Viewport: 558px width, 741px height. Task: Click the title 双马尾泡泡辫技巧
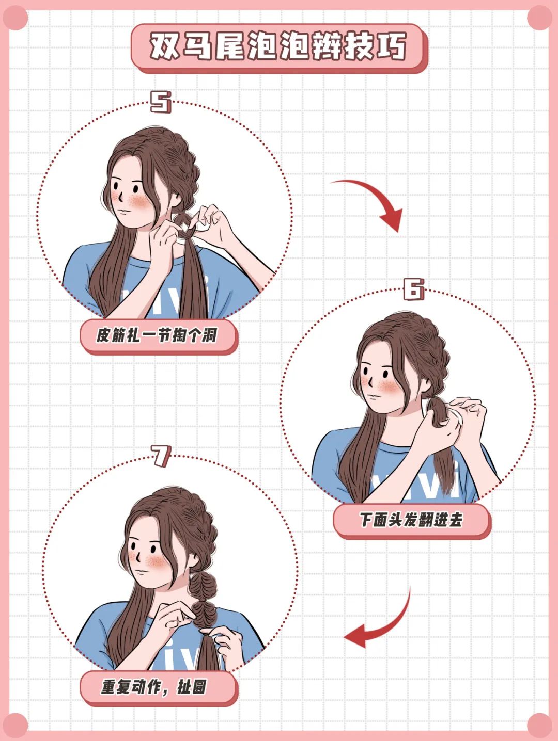tap(279, 47)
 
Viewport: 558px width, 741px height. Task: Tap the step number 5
tap(160, 102)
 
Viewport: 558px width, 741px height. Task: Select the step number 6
tap(413, 289)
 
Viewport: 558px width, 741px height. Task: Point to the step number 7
tap(161, 456)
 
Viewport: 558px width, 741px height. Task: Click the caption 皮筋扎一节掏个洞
tap(157, 336)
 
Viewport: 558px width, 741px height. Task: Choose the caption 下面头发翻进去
tap(411, 520)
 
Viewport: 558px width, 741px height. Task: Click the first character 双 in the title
tap(165, 47)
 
